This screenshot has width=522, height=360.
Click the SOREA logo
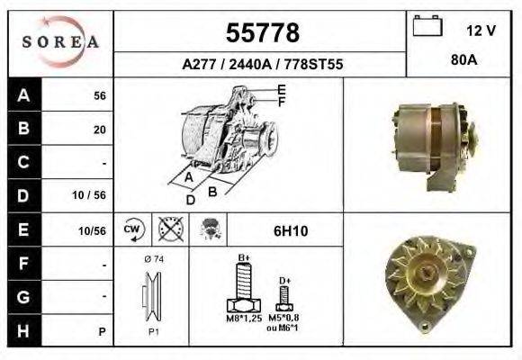coord(59,43)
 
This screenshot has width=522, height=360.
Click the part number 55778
coord(261,33)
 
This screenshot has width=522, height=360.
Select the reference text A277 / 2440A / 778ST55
coord(262,65)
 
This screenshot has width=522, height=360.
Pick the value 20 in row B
coord(100,130)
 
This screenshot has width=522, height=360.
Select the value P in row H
coord(103,331)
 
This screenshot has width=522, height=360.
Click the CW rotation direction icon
coord(132,229)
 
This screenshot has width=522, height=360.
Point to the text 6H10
coord(290,231)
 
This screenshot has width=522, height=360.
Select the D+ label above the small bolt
coord(284,281)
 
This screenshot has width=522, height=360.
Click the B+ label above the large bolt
coord(243,258)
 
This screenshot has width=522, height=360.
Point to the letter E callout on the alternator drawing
coord(282,89)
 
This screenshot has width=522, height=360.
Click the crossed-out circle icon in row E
coord(166,229)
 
